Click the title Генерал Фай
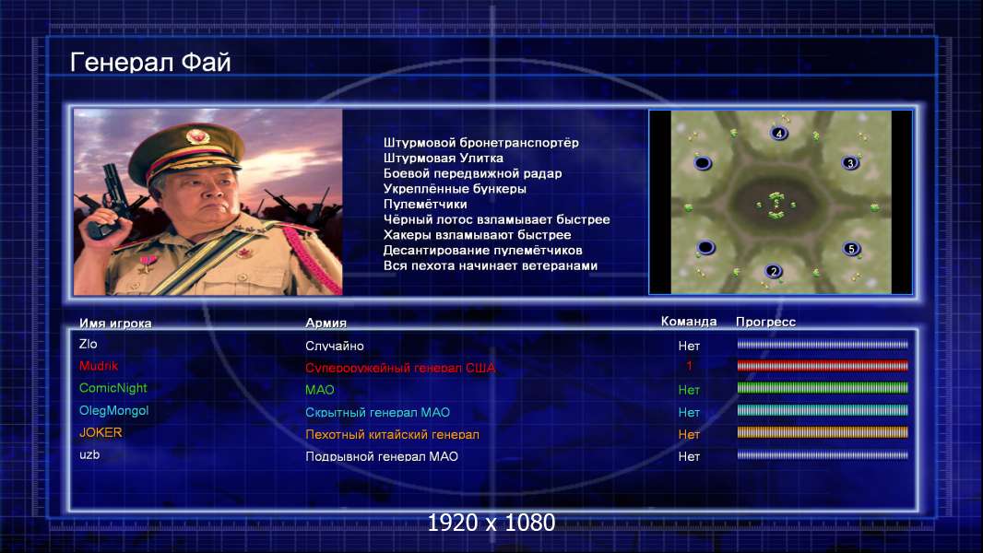150,63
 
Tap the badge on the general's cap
197,135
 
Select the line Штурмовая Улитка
444,158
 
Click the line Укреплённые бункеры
456,189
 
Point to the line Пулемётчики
425,205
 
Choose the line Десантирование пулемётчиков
482,250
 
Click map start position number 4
778,134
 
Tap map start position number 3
850,163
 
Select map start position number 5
851,249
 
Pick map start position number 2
774,271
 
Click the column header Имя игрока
115,324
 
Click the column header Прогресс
765,322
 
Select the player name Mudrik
99,366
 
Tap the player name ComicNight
113,388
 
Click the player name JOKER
101,433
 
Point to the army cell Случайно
334,346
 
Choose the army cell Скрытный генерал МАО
377,412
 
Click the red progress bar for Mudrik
823,366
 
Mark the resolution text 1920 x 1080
491,523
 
